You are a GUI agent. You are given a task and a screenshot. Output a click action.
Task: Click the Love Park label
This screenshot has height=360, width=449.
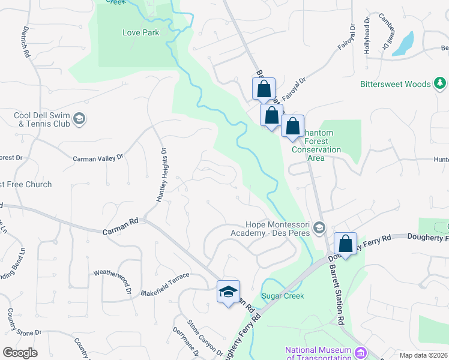pyautogui.click(x=141, y=32)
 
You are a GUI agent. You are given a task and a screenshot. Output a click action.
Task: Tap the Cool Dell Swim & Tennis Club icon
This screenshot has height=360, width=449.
pyautogui.click(x=79, y=119)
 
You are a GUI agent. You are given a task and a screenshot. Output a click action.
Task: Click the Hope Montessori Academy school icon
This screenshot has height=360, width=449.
pyautogui.click(x=319, y=228)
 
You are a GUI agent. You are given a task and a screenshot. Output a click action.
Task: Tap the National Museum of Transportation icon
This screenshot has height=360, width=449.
pyautogui.click(x=360, y=352)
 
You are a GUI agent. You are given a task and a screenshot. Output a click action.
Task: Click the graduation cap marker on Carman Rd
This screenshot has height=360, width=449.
pyautogui.click(x=228, y=292)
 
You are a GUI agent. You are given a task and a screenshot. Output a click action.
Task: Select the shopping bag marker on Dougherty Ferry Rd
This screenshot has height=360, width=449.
pyautogui.click(x=345, y=244)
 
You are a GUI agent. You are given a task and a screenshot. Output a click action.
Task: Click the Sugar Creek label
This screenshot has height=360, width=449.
pyautogui.click(x=283, y=296)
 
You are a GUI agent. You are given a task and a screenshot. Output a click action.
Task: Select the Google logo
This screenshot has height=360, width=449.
pyautogui.click(x=20, y=352)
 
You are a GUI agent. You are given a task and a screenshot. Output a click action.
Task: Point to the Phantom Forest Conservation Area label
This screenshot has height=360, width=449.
pyautogui.click(x=317, y=145)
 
